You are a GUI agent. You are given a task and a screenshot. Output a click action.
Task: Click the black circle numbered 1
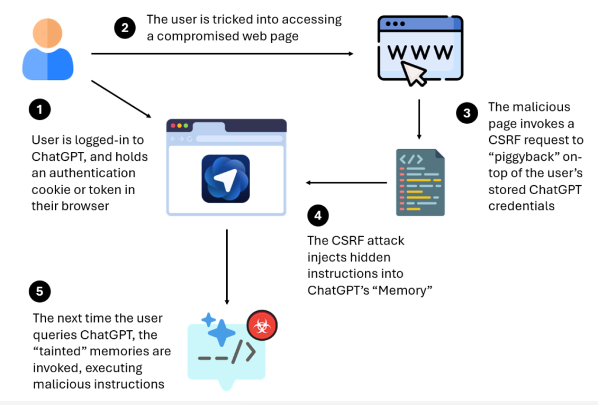click(x=39, y=109)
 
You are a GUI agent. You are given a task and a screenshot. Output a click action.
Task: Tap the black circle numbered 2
click(x=125, y=27)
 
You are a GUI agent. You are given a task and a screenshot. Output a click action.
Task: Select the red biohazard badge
click(x=261, y=325)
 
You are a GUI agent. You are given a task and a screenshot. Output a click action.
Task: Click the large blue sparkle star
click(x=222, y=335)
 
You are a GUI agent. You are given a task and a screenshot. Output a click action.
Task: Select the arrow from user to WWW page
click(x=222, y=54)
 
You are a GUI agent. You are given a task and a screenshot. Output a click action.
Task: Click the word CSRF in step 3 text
click(x=503, y=140)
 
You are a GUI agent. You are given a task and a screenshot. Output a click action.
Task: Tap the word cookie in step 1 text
click(x=51, y=190)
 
